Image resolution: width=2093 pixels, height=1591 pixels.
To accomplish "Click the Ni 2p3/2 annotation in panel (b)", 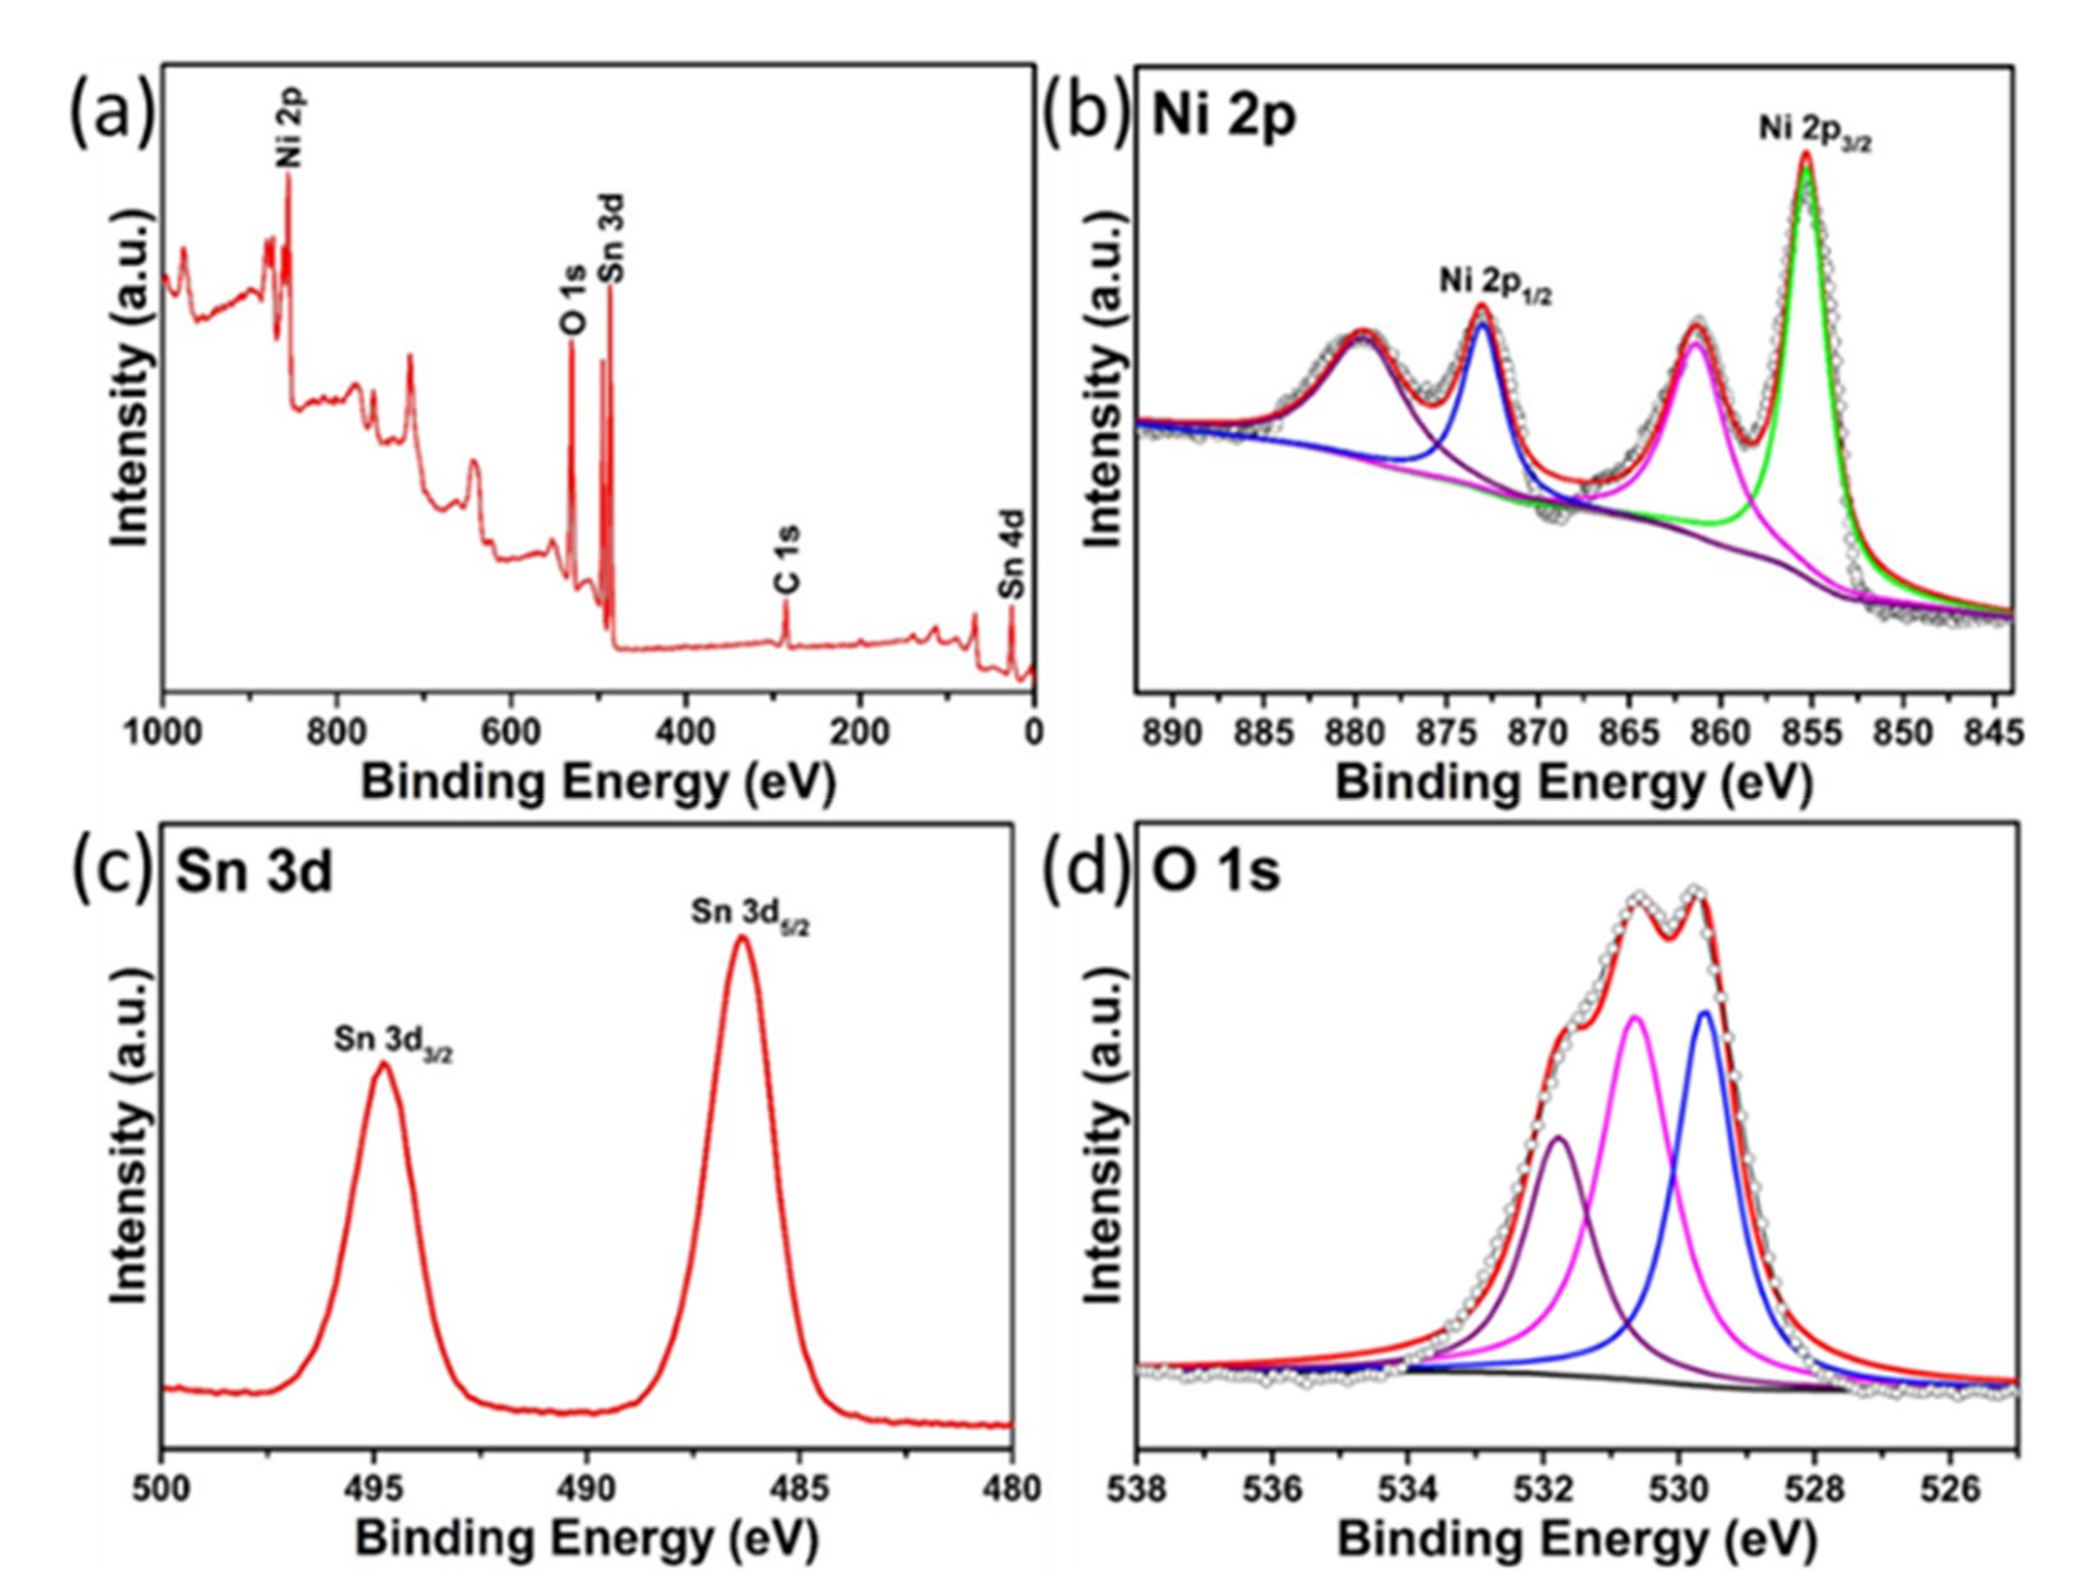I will [1815, 131].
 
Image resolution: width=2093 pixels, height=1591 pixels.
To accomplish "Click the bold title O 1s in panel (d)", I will [1215, 871].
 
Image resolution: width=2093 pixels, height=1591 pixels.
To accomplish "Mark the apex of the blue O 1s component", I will [1705, 1013].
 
